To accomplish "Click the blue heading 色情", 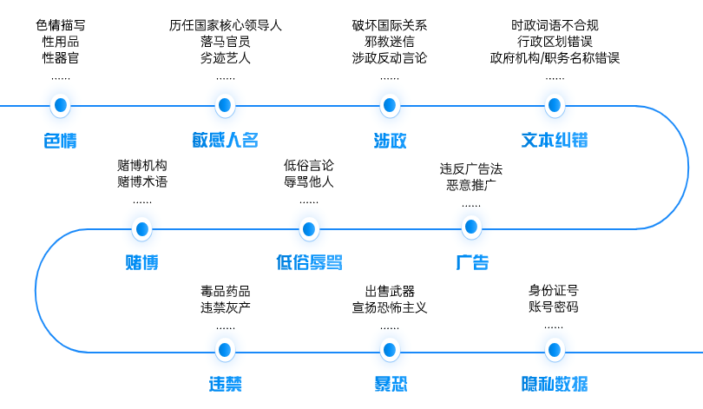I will (x=60, y=141).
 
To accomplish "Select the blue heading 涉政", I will (x=390, y=141).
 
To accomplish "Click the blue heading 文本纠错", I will (x=555, y=141).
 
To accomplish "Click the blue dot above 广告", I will (x=471, y=228).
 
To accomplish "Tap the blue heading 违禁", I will (x=225, y=384).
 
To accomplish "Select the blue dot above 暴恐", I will (x=390, y=350).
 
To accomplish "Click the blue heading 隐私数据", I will (x=554, y=384).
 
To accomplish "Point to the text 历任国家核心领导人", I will (x=225, y=25).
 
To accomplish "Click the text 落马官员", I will (x=225, y=42).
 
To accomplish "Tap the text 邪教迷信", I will (x=390, y=42).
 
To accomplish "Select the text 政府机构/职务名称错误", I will (x=555, y=58).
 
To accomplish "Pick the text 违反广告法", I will (x=471, y=168).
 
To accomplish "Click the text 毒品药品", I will (x=225, y=290).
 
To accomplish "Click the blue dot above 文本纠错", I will (x=555, y=106).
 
